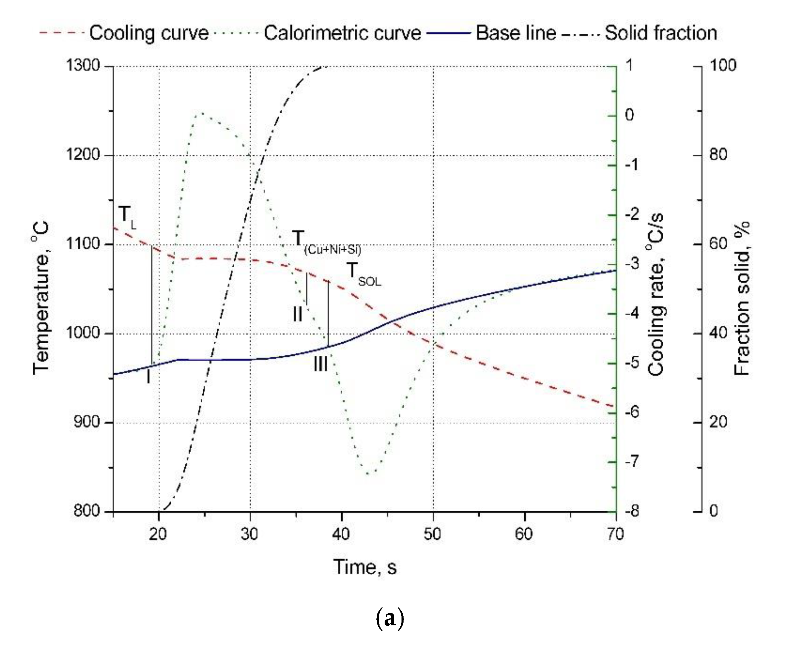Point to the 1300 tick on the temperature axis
(x=83, y=66)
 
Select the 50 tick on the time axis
(x=433, y=534)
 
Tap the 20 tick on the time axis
(x=158, y=534)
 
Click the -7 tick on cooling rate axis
(x=632, y=462)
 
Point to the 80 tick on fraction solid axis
(x=718, y=154)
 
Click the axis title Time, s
(x=365, y=567)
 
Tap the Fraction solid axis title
(x=742, y=298)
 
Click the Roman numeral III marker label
(x=321, y=364)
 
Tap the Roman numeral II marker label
(x=298, y=314)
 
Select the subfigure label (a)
(x=390, y=618)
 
